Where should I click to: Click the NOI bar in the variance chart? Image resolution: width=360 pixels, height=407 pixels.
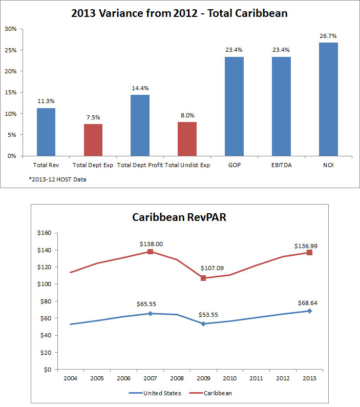coord(328,99)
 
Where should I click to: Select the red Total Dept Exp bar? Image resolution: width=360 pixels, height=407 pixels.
coord(93,139)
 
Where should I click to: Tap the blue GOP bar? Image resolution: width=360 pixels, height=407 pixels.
coord(234,106)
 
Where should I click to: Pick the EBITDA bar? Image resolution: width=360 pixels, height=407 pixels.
coord(281,106)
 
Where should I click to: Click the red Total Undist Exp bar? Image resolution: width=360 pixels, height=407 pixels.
coord(187,138)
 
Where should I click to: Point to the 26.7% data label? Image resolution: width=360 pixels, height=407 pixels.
coord(328,36)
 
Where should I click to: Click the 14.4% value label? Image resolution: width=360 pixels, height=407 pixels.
coord(140,89)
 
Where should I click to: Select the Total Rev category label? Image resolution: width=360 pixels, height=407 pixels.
coord(46,166)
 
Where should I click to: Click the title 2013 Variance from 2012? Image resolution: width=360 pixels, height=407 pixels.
coord(179,13)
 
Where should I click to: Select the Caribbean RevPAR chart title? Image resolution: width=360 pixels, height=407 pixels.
coord(179,217)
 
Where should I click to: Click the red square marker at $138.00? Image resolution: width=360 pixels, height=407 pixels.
coord(151,252)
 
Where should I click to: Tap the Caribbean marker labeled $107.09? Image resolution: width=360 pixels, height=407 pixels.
coord(203,278)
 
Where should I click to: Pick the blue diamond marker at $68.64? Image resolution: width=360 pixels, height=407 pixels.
coord(309,311)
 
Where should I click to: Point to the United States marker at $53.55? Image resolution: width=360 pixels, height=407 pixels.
coord(203,323)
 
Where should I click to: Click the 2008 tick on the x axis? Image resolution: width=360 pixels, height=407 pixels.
coord(177,378)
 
